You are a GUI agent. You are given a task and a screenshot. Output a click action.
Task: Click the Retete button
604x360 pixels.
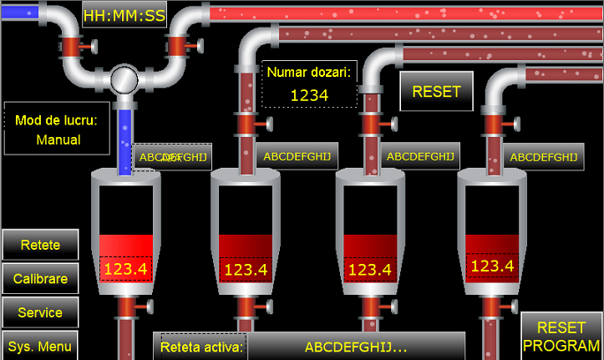pyautogui.click(x=40, y=245)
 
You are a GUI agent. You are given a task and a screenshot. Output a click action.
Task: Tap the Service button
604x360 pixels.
pyautogui.click(x=40, y=312)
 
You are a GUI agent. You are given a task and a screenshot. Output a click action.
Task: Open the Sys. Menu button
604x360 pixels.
pyautogui.click(x=40, y=346)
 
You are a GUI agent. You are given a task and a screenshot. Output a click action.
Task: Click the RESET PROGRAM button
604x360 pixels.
pyautogui.click(x=561, y=337)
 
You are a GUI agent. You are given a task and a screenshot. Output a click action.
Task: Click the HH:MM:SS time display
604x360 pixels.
pyautogui.click(x=124, y=14)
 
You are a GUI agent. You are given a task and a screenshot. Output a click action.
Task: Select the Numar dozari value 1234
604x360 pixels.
pyautogui.click(x=309, y=95)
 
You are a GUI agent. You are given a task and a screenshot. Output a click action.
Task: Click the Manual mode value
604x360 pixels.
pyautogui.click(x=58, y=139)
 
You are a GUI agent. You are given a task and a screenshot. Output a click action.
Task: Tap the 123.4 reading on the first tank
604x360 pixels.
pyautogui.click(x=125, y=269)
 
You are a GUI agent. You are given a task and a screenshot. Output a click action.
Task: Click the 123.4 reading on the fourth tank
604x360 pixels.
pyautogui.click(x=492, y=266)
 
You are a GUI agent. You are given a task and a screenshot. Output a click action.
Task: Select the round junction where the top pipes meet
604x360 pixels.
pyautogui.click(x=124, y=79)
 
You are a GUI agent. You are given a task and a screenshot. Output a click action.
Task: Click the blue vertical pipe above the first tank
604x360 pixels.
pyautogui.click(x=124, y=134)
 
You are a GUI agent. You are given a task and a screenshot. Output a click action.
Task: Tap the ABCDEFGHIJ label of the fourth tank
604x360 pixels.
pyautogui.click(x=543, y=156)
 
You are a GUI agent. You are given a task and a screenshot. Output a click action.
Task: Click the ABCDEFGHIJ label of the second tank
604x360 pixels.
pyautogui.click(x=297, y=156)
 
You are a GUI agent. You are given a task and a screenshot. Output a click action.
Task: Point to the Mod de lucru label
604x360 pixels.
pyautogui.click(x=57, y=119)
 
